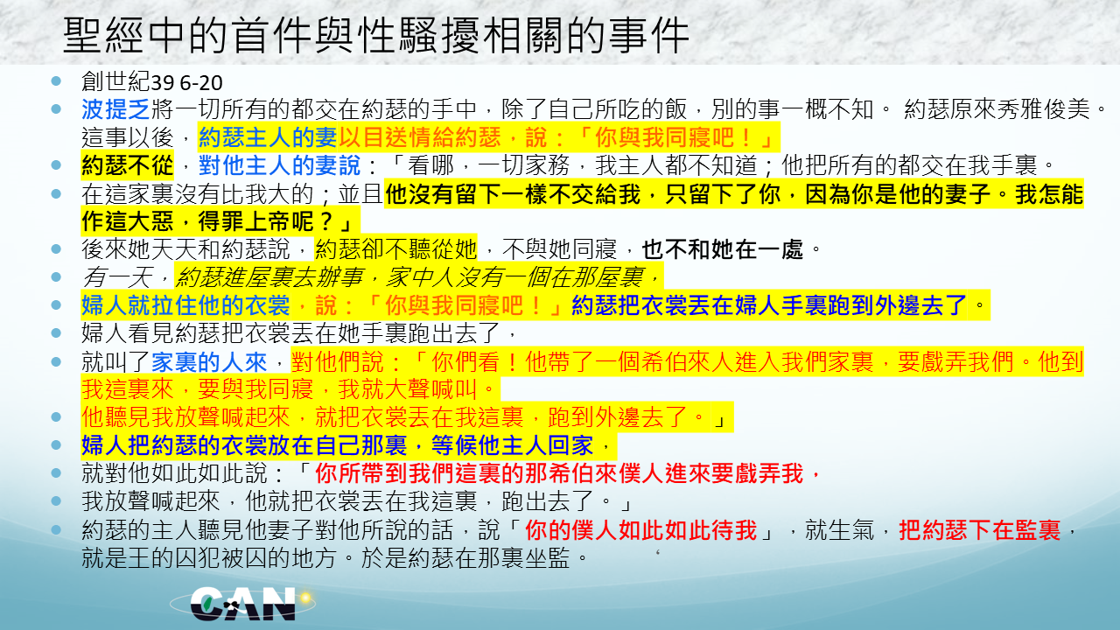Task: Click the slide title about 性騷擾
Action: coord(376,35)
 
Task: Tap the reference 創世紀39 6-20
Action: coord(152,82)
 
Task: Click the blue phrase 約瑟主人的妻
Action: coord(268,137)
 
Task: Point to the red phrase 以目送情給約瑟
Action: coord(419,137)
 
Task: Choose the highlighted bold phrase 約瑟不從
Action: coord(128,165)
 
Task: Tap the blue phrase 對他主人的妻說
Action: coord(279,165)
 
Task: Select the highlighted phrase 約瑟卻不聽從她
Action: coord(396,249)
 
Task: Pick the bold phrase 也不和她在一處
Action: coord(722,249)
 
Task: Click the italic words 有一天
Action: coord(117,277)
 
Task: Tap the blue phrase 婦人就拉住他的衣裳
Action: coord(186,305)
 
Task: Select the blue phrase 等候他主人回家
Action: coord(512,445)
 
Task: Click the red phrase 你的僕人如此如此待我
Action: coord(640,530)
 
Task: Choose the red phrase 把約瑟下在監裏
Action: coord(979,530)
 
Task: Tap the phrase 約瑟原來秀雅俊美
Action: coord(997,109)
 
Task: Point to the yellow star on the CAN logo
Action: coord(305,598)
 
